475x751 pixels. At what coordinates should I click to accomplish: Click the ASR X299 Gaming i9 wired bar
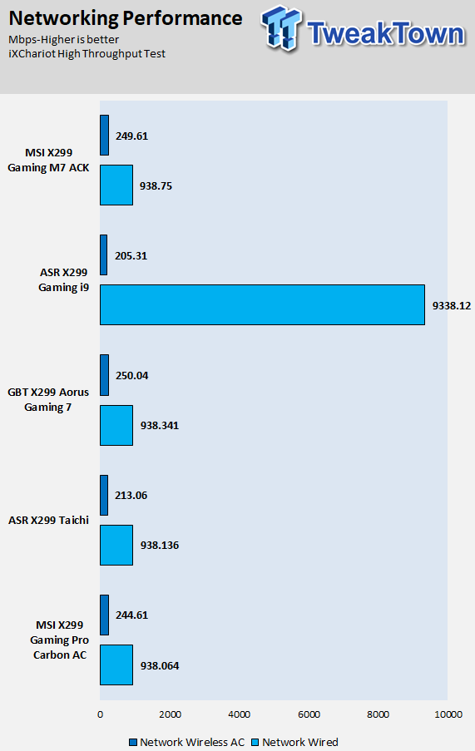click(x=262, y=304)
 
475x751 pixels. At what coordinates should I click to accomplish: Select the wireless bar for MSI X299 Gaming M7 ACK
click(x=104, y=135)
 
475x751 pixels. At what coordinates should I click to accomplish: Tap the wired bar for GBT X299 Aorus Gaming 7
click(x=116, y=425)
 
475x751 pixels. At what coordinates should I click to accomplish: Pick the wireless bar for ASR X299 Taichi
click(x=104, y=495)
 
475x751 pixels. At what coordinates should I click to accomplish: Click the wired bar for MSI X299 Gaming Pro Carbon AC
click(x=116, y=665)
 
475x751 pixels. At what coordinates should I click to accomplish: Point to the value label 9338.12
click(x=452, y=305)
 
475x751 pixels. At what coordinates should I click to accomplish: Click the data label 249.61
click(x=131, y=136)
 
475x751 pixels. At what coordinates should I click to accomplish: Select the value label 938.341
click(x=160, y=425)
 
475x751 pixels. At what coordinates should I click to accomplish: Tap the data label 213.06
click(x=131, y=495)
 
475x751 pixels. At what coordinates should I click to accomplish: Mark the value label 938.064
click(x=160, y=665)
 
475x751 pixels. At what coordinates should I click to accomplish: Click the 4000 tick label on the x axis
click(x=239, y=714)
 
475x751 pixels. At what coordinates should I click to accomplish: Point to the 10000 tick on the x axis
click(x=448, y=714)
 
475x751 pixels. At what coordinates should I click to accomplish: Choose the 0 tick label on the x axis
click(x=100, y=714)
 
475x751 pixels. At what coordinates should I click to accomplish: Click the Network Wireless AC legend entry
click(x=186, y=742)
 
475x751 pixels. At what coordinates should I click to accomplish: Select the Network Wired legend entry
click(x=295, y=742)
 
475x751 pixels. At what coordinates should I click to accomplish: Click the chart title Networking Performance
click(x=126, y=18)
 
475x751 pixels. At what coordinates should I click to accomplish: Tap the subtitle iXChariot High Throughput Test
click(x=87, y=53)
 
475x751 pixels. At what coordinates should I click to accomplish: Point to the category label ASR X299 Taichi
click(x=48, y=520)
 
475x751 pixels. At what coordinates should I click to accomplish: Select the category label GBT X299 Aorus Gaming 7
click(x=48, y=399)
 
